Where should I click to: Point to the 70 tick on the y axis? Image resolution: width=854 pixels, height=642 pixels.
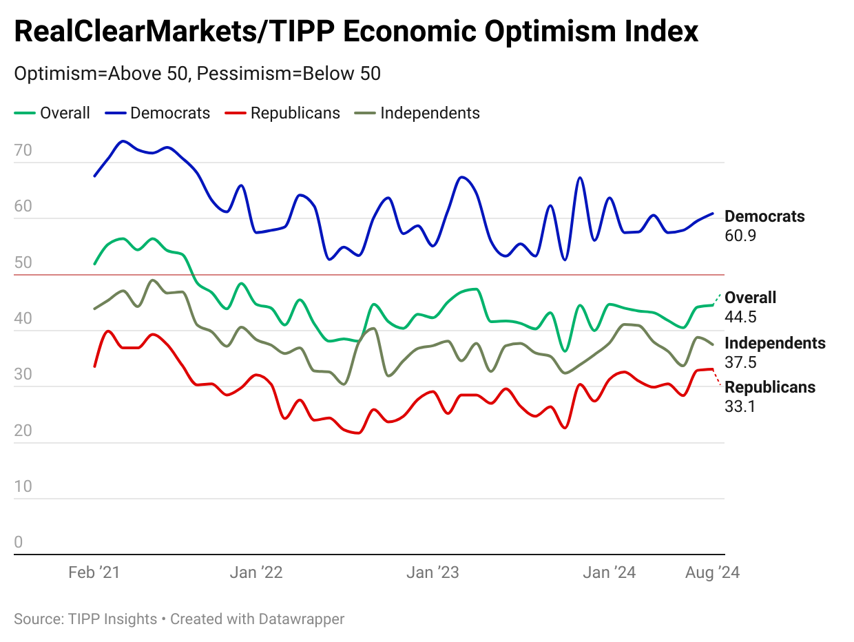click(23, 150)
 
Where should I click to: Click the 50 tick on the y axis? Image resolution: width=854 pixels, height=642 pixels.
click(23, 262)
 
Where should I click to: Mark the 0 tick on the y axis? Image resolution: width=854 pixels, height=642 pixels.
click(19, 542)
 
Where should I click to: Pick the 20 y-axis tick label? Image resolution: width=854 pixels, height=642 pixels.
click(23, 431)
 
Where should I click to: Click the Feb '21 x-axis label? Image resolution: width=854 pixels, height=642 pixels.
click(94, 572)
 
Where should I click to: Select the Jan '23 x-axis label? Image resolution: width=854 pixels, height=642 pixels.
click(433, 572)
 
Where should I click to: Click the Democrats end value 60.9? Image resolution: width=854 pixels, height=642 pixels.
click(740, 236)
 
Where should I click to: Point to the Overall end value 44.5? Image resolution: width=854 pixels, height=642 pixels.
click(740, 317)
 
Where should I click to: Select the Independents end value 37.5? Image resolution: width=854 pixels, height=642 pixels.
click(740, 362)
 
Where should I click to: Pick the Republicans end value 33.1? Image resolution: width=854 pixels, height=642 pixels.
click(740, 406)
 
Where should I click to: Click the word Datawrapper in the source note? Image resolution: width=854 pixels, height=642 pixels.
click(301, 619)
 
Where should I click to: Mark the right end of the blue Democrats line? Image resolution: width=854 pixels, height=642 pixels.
click(713, 214)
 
